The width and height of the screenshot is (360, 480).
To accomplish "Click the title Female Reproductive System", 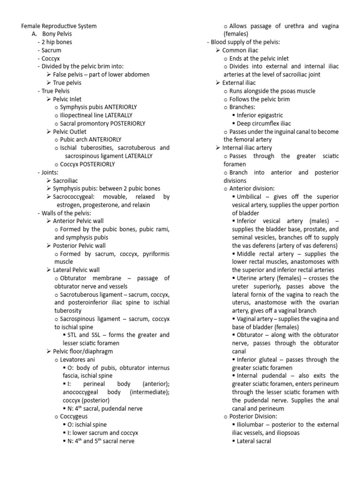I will [60, 26].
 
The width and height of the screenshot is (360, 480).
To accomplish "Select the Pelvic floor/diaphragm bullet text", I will [82, 351].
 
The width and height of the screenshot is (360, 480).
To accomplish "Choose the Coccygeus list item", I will [74, 416].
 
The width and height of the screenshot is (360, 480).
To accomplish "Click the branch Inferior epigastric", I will [260, 115].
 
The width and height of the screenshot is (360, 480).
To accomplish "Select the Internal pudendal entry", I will [258, 376].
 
